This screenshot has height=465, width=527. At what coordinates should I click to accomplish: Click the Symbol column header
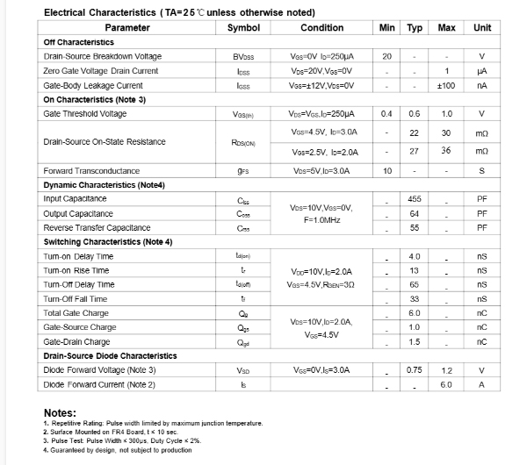[243, 27]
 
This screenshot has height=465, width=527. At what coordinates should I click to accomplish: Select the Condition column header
[321, 27]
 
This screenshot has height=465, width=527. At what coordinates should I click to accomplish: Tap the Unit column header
[482, 27]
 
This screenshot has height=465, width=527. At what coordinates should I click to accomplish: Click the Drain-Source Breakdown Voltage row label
[102, 56]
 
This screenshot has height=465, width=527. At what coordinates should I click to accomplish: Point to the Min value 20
[386, 56]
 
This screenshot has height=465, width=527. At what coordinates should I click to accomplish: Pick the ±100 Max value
[446, 85]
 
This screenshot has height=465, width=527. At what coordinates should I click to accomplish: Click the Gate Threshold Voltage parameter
[84, 114]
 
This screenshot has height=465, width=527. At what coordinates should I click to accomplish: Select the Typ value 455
[415, 199]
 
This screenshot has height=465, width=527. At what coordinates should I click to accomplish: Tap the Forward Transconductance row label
[91, 171]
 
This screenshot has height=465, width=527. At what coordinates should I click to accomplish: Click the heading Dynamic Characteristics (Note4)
[105, 185]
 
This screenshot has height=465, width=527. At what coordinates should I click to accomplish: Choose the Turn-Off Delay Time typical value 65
[415, 285]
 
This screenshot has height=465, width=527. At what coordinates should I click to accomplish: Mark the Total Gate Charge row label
[76, 313]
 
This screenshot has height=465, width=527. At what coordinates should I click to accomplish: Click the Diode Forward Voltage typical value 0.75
[415, 371]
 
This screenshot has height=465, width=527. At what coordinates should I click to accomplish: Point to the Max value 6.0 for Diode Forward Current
[446, 385]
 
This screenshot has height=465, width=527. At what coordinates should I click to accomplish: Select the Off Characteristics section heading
[78, 42]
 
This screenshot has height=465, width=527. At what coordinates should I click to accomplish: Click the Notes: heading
[60, 413]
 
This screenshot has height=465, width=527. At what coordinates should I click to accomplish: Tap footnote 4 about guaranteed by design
[117, 451]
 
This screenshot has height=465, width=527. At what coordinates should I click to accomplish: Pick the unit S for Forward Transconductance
[482, 171]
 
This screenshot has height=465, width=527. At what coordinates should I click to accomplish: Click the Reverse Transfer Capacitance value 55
[415, 227]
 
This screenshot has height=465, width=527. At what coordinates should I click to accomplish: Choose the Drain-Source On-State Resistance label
[105, 142]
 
